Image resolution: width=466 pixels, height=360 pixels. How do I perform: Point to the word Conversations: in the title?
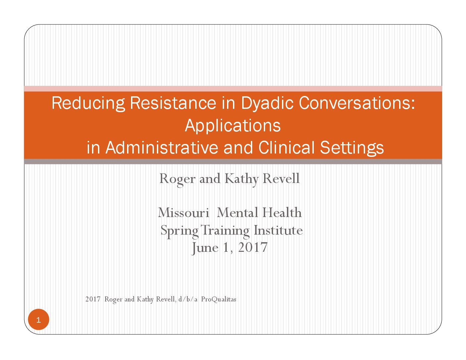coord(357,103)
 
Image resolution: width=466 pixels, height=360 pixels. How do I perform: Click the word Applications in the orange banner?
coord(233,126)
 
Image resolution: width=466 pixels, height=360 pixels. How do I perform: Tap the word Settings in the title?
coord(352,148)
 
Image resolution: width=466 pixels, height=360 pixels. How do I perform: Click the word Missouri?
coord(184,213)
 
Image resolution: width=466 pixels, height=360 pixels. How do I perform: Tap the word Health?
coord(282,212)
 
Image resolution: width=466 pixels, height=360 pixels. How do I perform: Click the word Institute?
coord(278,230)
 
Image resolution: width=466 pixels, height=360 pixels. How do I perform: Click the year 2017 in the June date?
coord(253,247)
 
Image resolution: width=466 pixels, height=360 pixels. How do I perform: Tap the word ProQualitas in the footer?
coord(218,299)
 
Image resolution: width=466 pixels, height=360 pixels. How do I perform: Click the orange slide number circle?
coord(39,320)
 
